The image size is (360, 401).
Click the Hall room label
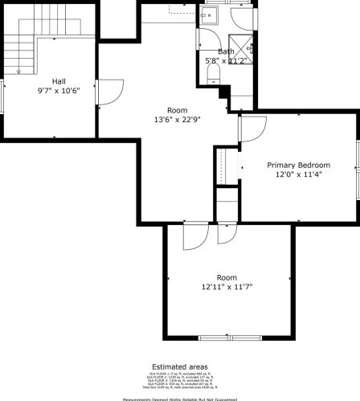[59, 81]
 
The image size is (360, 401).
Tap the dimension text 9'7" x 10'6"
[59, 91]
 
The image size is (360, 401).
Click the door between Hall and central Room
[104, 90]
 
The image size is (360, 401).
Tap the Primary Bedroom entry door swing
[252, 129]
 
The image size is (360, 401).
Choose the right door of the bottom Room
[226, 232]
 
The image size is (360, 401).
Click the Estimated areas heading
[180, 366]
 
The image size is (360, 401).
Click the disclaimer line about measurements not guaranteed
[180, 398]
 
